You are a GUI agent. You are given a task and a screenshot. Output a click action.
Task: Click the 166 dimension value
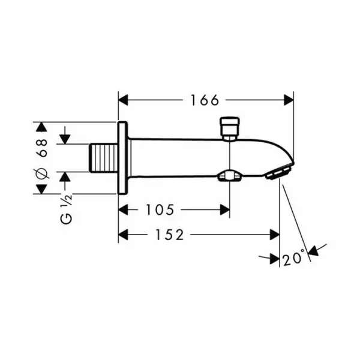(x=205, y=100)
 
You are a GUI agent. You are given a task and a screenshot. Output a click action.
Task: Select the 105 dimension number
(x=160, y=209)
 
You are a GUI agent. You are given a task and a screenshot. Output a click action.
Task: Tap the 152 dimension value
(x=170, y=235)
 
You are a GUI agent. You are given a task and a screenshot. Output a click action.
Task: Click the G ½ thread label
(x=67, y=208)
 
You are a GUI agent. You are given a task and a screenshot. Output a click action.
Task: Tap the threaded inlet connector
(x=103, y=158)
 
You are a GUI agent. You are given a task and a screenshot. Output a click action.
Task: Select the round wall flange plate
(x=122, y=158)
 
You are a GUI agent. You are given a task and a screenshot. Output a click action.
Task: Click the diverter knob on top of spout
(x=230, y=128)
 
